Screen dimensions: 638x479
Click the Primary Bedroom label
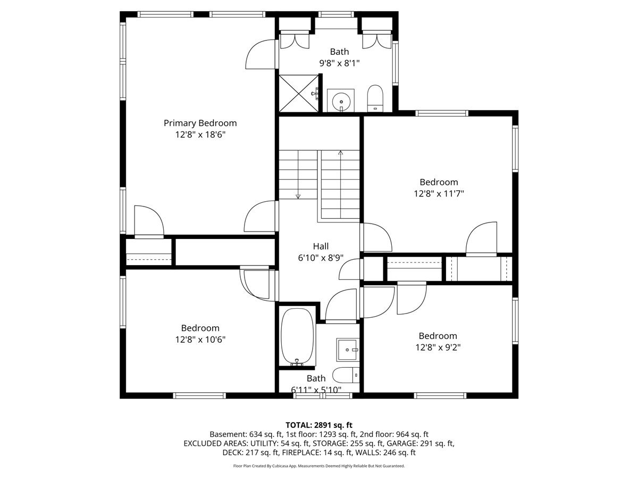(200, 123)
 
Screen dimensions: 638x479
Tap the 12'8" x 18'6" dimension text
(200, 135)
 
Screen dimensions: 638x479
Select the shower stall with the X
(299, 93)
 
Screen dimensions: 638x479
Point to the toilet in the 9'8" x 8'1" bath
(375, 98)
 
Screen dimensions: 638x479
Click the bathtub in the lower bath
(298, 337)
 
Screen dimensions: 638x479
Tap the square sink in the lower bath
(348, 350)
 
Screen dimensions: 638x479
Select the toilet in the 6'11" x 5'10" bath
(346, 375)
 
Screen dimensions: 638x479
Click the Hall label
(321, 246)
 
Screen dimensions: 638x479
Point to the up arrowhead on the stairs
(341, 152)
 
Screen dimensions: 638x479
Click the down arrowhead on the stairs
(298, 196)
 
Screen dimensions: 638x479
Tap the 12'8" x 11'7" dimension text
(439, 194)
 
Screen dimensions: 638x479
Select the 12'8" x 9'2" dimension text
(438, 348)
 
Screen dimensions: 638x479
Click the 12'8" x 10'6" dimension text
(200, 340)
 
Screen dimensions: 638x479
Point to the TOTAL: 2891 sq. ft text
(319, 425)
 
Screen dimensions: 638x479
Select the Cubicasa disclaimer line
(319, 466)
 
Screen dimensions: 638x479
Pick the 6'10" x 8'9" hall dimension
(321, 258)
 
